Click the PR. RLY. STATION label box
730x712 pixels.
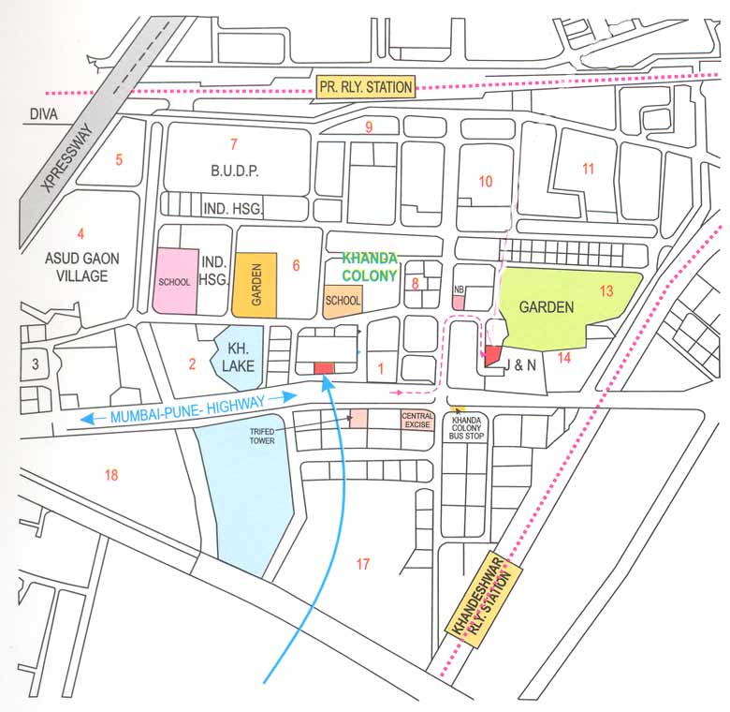click(x=365, y=87)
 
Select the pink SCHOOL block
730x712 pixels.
click(x=176, y=281)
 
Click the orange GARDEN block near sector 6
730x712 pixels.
click(x=255, y=283)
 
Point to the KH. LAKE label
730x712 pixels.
click(x=238, y=353)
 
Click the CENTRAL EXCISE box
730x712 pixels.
click(x=417, y=419)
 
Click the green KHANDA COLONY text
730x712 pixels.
click(x=370, y=266)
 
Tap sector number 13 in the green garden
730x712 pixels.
click(x=606, y=291)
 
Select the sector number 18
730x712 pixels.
click(x=111, y=475)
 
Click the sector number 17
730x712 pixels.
click(x=363, y=563)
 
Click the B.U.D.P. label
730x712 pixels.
click(x=234, y=171)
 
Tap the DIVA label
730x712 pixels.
click(x=43, y=114)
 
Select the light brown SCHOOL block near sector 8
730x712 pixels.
click(x=343, y=301)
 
